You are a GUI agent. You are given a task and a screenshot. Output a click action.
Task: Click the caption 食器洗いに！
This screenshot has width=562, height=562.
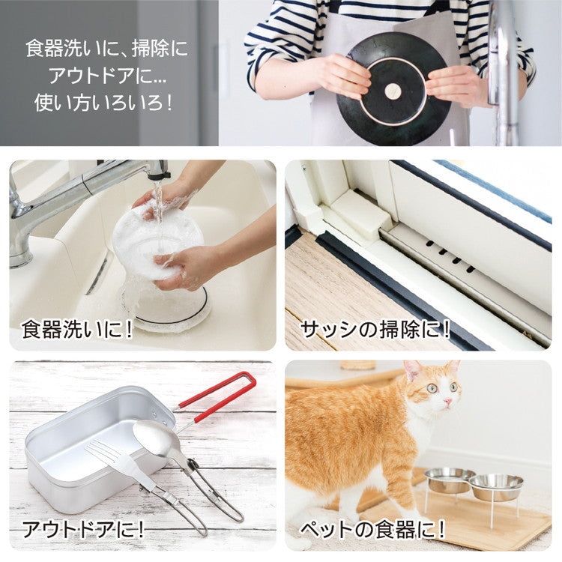77,329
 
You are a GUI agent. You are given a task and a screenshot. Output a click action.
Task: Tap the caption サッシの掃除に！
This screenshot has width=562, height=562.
375,329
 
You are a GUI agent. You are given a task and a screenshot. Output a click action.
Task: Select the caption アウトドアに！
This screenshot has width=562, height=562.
82,529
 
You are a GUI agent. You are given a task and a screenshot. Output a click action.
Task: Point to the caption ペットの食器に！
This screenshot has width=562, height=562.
372,529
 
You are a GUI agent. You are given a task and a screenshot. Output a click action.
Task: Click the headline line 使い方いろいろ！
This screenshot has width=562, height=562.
104,102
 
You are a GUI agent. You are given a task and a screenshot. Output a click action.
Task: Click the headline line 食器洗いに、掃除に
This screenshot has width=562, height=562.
106,49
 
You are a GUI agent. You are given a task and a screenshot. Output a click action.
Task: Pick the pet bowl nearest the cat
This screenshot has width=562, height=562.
449,479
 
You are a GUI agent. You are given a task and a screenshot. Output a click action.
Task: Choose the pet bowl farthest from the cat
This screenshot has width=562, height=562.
496,486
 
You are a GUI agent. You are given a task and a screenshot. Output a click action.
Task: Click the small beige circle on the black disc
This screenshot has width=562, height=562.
393,91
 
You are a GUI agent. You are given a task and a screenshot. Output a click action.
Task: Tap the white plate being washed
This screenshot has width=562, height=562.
157,240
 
